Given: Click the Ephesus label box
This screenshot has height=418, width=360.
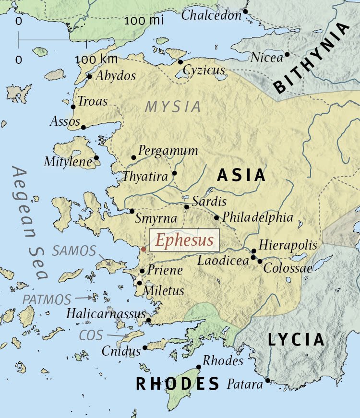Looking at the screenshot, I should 185,240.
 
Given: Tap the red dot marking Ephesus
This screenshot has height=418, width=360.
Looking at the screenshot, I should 144,249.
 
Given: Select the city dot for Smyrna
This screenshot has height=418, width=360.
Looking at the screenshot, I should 132,211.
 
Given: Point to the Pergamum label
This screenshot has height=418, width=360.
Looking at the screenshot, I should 168,151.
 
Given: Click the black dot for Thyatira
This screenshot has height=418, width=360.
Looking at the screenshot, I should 174,173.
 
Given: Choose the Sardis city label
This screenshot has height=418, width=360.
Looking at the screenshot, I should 209,201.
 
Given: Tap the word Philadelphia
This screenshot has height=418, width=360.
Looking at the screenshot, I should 258,217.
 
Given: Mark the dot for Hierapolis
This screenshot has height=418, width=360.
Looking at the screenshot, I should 254,251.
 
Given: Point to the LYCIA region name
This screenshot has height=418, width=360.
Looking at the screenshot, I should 296,340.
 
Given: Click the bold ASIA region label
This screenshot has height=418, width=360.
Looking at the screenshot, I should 241,175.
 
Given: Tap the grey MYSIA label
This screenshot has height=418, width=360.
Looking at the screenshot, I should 173,107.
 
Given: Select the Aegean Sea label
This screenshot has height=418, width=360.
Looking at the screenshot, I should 31,223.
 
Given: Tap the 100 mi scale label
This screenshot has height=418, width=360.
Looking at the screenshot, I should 144,21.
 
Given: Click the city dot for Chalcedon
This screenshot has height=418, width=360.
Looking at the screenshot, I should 245,11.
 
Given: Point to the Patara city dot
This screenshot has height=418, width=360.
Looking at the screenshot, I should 267,381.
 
